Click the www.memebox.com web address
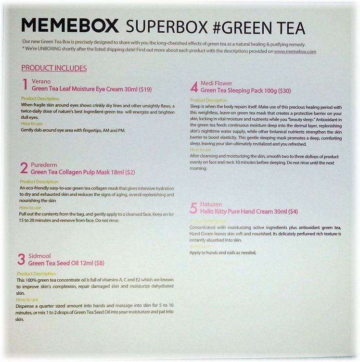click(x=295, y=51)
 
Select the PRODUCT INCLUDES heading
click(x=54, y=68)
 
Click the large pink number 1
click(x=25, y=85)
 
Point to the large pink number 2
click(x=24, y=168)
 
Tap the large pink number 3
click(x=21, y=260)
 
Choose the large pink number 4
click(x=194, y=87)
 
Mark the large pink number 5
click(x=193, y=208)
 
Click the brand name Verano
click(x=41, y=82)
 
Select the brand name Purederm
click(x=45, y=164)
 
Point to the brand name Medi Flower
click(x=217, y=83)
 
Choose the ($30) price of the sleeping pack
click(x=284, y=90)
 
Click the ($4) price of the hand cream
click(x=292, y=212)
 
